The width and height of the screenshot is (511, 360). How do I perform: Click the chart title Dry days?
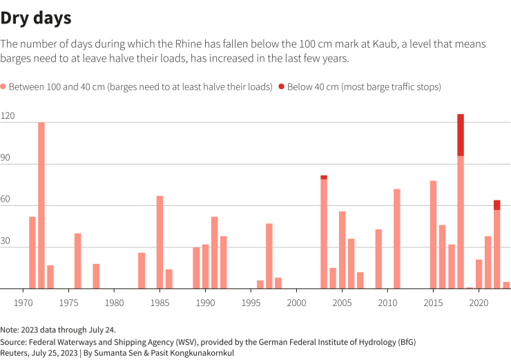point(35,17)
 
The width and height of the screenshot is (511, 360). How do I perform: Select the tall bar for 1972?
point(41,205)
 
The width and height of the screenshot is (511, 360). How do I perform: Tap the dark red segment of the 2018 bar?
point(461,135)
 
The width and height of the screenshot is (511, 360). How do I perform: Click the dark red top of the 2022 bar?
point(496,205)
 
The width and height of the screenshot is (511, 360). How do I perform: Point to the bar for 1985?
point(160,242)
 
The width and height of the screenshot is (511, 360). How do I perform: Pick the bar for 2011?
point(397,238)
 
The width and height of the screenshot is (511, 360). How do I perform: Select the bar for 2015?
point(433,234)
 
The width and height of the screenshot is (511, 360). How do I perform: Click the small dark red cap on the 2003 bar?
point(324,177)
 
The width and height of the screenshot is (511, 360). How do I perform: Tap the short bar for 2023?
point(506,285)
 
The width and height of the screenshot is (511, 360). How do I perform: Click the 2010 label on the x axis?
point(387,303)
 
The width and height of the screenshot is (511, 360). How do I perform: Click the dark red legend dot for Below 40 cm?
point(281,87)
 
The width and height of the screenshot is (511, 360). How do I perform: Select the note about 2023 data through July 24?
point(54,330)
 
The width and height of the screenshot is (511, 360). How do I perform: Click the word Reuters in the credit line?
point(15,352)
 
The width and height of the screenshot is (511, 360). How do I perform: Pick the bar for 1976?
point(78,260)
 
